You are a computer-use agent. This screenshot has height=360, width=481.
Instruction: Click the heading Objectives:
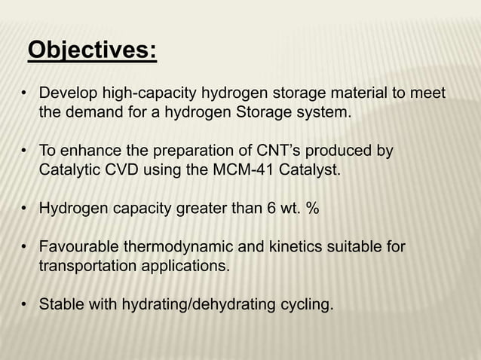(92, 51)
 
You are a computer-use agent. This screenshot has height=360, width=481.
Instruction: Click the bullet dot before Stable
(25, 305)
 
